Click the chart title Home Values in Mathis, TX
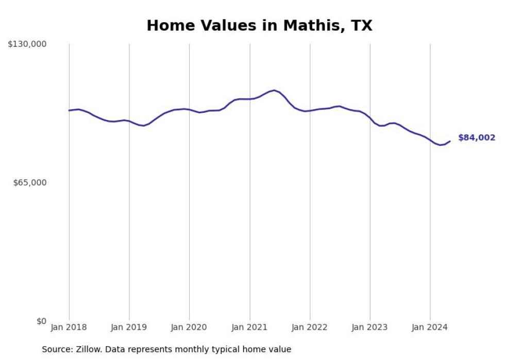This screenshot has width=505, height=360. (x=259, y=26)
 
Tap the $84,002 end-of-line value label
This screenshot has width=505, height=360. (x=476, y=138)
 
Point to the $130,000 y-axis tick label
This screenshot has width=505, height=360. (x=27, y=44)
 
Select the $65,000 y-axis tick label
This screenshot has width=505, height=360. (x=29, y=183)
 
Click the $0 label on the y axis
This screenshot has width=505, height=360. (x=41, y=321)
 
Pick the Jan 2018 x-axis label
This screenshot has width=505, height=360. (x=69, y=328)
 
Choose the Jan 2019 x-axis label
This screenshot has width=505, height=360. (x=129, y=328)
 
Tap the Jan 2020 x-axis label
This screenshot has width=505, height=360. (x=189, y=328)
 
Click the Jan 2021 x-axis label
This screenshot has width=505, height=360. (x=249, y=328)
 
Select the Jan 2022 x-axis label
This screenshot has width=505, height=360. (x=310, y=328)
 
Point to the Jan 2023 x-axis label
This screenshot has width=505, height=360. (x=370, y=328)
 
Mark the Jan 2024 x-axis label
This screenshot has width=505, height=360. (x=430, y=328)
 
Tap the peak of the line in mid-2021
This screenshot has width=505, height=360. (x=274, y=90)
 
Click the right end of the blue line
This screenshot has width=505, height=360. (x=450, y=141)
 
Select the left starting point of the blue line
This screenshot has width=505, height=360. (x=69, y=110)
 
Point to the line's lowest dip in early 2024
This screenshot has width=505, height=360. (x=440, y=145)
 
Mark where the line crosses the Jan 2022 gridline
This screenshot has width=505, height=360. (x=310, y=110)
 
